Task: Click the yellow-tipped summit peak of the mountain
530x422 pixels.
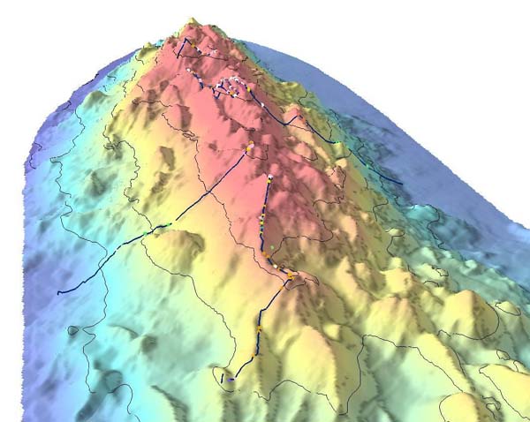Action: click(191, 21)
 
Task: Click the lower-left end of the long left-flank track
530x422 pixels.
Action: click(58, 292)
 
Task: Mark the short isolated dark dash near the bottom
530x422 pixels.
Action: click(221, 377)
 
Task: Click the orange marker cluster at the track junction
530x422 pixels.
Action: click(288, 277)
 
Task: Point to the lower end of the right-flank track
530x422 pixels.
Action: click(402, 184)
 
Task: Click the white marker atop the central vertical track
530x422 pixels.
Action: click(269, 178)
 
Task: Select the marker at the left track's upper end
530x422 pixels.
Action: click(250, 147)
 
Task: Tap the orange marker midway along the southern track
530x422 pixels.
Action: click(259, 329)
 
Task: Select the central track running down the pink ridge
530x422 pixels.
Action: click(263, 221)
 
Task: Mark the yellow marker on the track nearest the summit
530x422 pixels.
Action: click(200, 51)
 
